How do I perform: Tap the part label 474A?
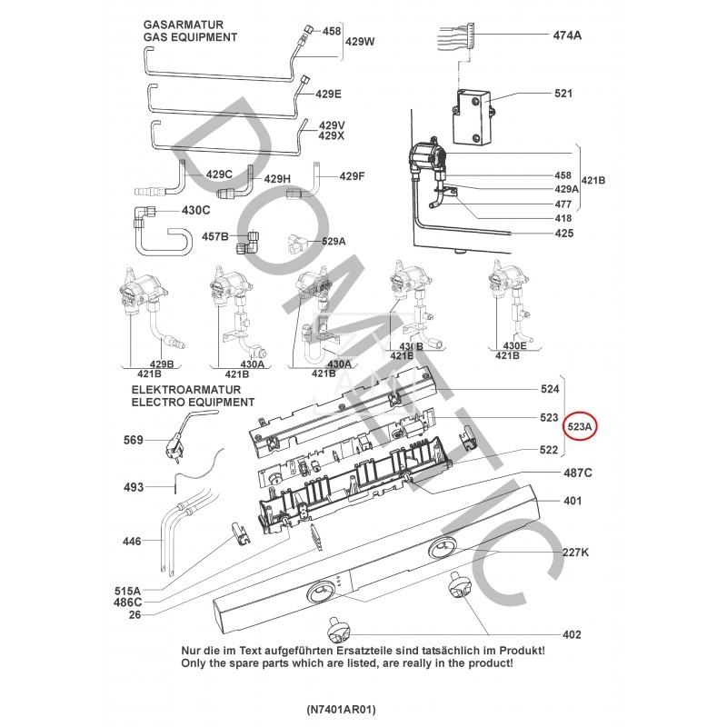[x=567, y=35]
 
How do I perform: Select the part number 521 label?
[x=563, y=95]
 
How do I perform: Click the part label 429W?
[x=360, y=42]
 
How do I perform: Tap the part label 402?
[x=572, y=634]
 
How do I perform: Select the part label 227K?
[x=575, y=552]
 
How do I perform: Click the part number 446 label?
[x=133, y=542]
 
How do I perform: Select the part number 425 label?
[x=563, y=234]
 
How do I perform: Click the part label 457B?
[x=215, y=236]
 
